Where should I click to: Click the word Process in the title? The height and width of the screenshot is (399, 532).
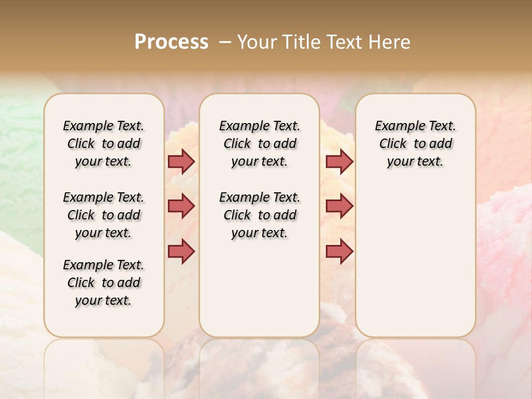coord(171,42)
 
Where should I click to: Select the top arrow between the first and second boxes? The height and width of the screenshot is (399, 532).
coord(181,161)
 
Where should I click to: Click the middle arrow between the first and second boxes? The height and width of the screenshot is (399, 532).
coord(181,206)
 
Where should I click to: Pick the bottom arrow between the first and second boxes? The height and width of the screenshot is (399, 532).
coord(181,251)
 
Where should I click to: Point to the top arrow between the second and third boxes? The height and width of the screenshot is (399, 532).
coord(339,161)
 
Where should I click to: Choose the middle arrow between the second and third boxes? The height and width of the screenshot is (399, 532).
coord(339,206)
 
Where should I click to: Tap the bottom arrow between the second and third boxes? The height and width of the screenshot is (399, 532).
coord(339,251)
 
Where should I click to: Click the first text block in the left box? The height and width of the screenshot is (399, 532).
coord(104,144)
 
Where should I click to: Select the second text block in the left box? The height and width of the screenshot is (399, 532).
coord(104,215)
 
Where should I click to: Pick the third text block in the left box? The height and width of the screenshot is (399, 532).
coord(104,283)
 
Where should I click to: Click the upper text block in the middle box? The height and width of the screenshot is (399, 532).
coord(259,144)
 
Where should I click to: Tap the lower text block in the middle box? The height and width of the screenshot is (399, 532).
coord(259,215)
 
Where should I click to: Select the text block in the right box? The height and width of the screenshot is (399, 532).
coord(415,144)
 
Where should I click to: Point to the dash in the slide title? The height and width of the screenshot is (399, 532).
coord(225,42)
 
